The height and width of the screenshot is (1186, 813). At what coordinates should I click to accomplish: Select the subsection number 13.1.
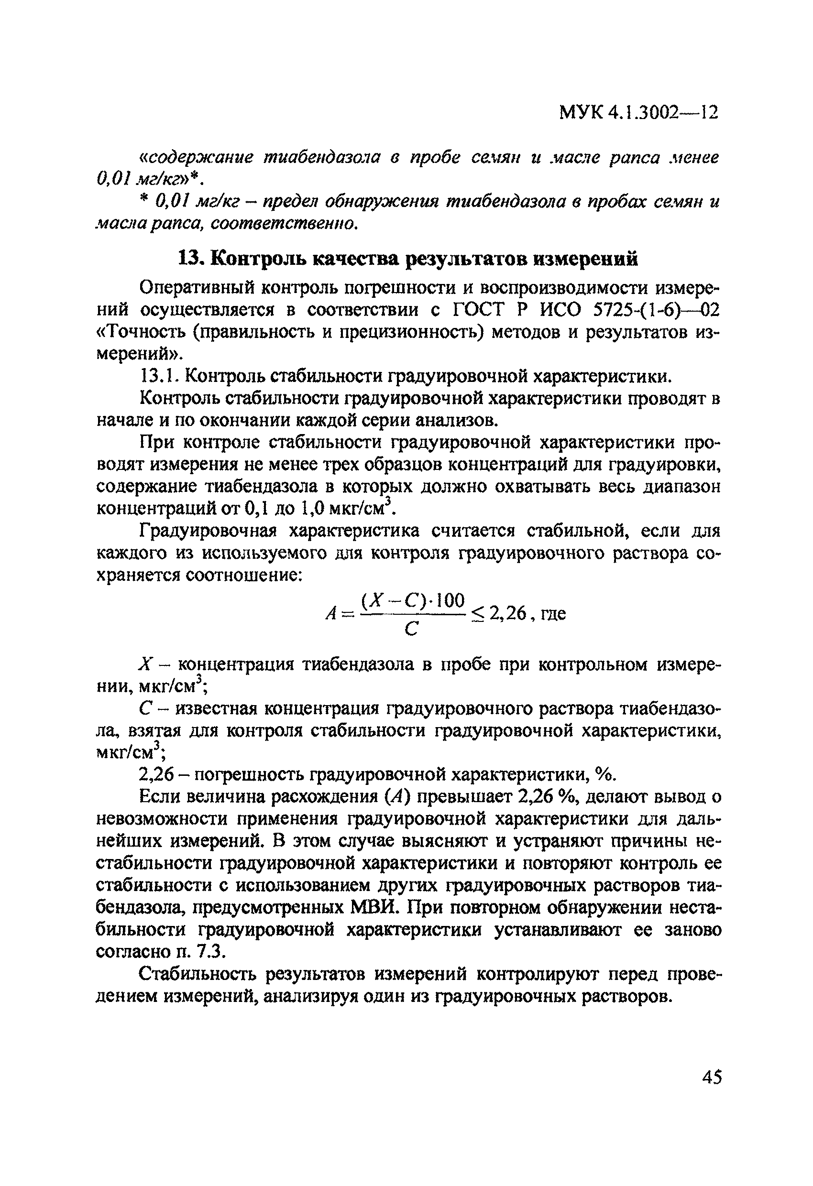click(159, 377)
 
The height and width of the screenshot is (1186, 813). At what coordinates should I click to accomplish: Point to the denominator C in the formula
click(411, 630)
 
